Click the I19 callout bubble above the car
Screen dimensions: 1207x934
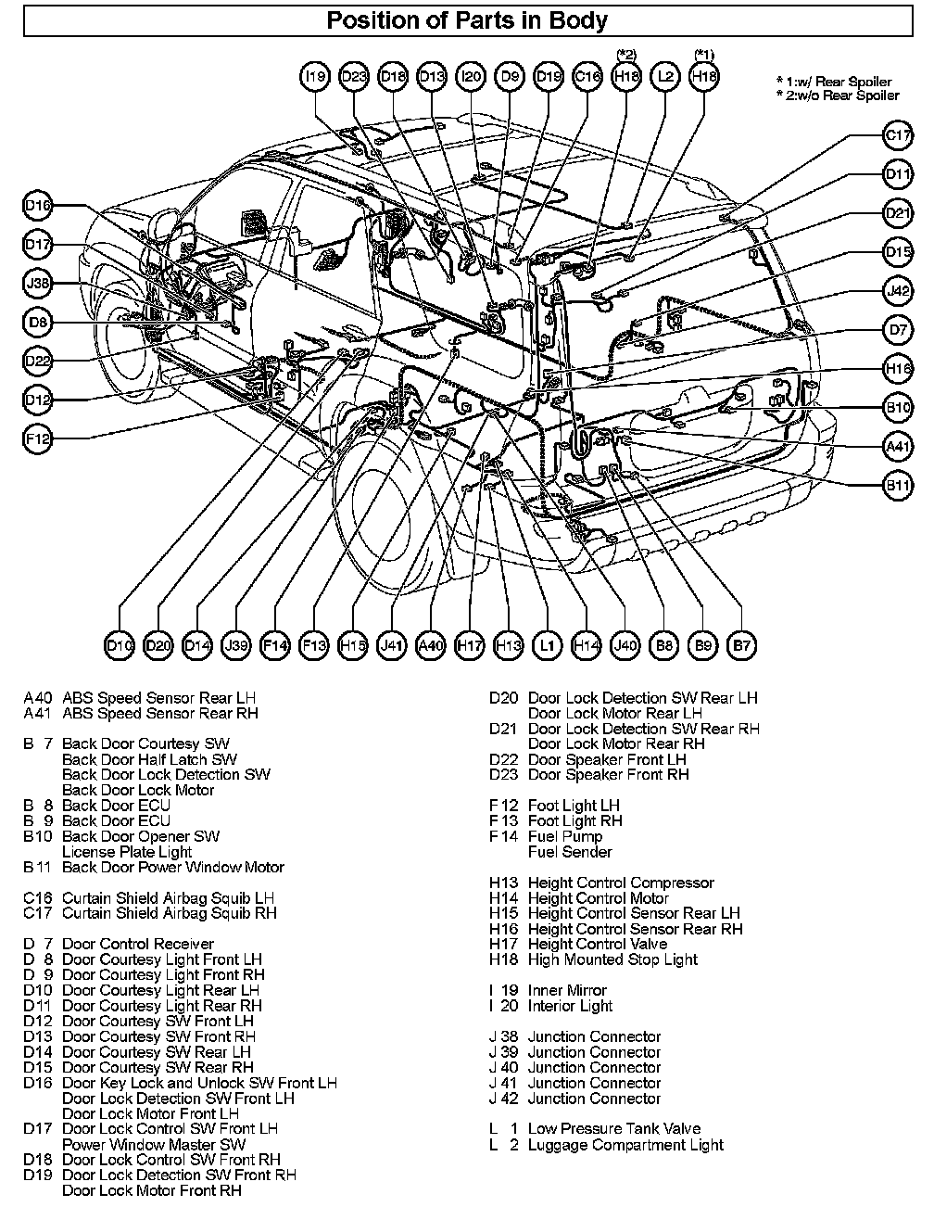click(x=315, y=78)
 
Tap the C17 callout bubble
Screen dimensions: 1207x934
click(x=897, y=135)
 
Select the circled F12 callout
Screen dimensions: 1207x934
click(x=38, y=438)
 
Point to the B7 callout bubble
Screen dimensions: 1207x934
click(x=741, y=645)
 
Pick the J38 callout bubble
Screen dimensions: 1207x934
click(x=38, y=284)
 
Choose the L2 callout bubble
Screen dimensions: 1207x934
click(x=665, y=78)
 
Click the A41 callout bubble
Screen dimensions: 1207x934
click(x=897, y=446)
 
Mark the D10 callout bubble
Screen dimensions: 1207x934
click(x=120, y=645)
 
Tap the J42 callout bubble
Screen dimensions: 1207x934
click(x=897, y=290)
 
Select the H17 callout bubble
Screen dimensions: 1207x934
click(x=470, y=645)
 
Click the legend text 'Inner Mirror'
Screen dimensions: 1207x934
click(x=567, y=990)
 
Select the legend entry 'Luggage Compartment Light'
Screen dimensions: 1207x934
click(x=625, y=1144)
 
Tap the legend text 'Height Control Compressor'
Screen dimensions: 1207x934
click(x=621, y=883)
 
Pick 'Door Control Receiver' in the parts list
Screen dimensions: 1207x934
click(x=137, y=944)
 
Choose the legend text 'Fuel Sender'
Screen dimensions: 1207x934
click(x=570, y=851)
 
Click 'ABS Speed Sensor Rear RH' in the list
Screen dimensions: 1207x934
click(x=159, y=713)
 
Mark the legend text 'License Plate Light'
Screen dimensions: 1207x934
click(x=127, y=851)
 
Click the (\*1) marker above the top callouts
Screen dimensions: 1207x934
click(x=704, y=55)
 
